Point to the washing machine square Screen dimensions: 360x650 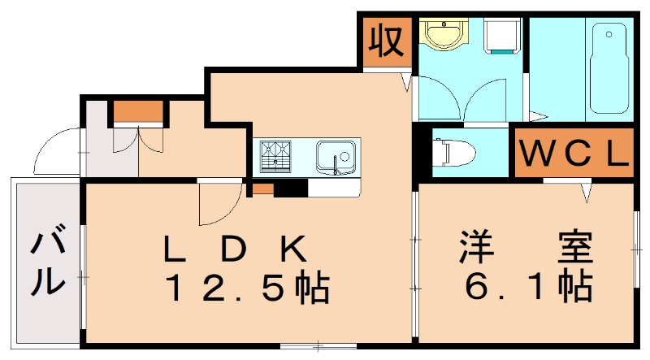click(502, 35)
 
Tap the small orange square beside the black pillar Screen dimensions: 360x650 click(262, 189)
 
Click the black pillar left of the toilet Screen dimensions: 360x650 click(422, 151)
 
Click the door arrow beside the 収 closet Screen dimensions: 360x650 click(406, 80)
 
